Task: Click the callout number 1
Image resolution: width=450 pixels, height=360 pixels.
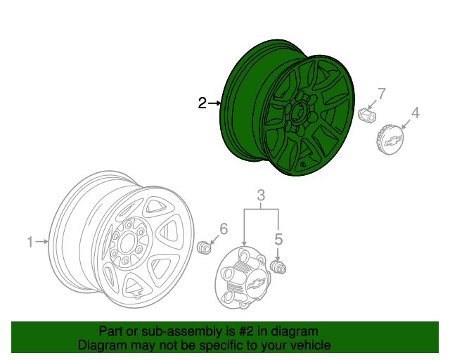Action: pyautogui.click(x=30, y=243)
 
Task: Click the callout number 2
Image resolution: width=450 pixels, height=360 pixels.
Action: pyautogui.click(x=202, y=103)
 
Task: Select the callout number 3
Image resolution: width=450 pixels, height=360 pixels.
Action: pyautogui.click(x=260, y=195)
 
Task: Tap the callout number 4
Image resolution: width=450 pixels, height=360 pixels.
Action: pyautogui.click(x=415, y=112)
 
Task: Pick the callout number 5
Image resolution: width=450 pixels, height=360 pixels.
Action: pyautogui.click(x=278, y=239)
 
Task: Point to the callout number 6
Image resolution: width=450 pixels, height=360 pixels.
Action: pyautogui.click(x=224, y=228)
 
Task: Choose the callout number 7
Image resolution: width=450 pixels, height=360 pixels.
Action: pyautogui.click(x=382, y=94)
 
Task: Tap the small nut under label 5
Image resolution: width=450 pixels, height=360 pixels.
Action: pyautogui.click(x=279, y=267)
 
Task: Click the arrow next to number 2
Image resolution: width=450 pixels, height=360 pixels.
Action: pyautogui.click(x=215, y=103)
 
